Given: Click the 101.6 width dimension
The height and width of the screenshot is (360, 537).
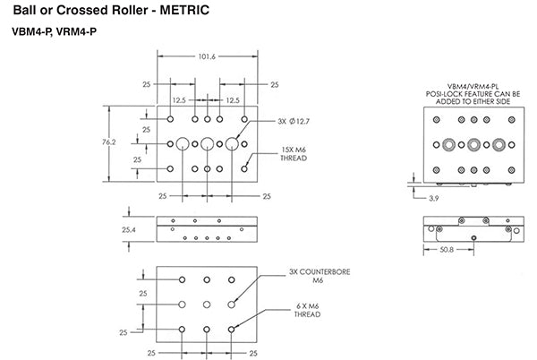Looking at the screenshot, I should [x=207, y=56].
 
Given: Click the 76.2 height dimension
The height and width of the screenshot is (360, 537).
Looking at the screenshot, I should [x=114, y=142].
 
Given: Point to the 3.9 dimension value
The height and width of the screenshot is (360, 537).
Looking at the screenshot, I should [x=434, y=196].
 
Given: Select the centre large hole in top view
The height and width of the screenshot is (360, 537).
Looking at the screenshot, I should [x=208, y=143].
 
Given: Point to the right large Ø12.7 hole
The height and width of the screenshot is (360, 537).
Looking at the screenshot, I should [x=233, y=143].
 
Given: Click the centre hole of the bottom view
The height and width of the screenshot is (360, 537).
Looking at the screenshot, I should [x=208, y=304].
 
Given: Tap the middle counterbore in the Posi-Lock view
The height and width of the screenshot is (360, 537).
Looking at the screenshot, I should [x=470, y=144].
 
